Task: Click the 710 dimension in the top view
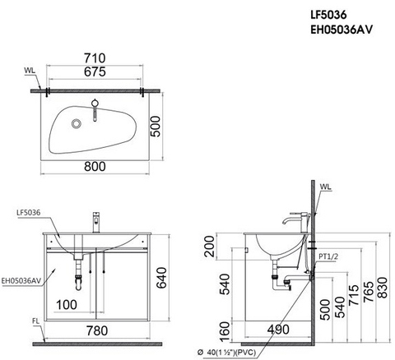pyautogui.click(x=96, y=59)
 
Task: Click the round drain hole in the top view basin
pyautogui.click(x=77, y=124)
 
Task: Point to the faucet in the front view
pyautogui.click(x=96, y=220)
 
